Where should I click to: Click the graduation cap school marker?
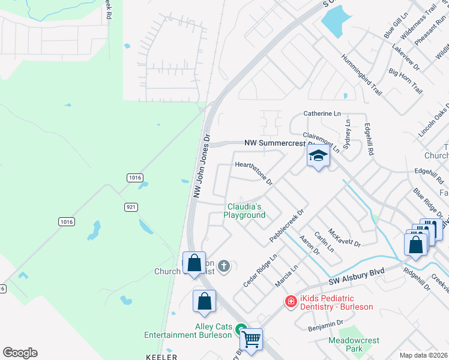(318, 157)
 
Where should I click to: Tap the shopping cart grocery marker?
(252, 339)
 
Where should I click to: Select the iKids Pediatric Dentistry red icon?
(291, 301)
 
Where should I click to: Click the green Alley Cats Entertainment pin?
(241, 329)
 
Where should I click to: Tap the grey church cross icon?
(224, 266)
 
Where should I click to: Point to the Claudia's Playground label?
(246, 211)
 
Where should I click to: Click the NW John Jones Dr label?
(202, 166)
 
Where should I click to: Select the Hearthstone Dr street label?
(254, 173)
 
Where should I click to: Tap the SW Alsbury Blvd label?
(356, 277)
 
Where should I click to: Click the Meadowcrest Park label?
(354, 344)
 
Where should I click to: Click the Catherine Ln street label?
(322, 113)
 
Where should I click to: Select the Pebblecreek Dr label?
(288, 226)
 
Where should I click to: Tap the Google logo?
(20, 353)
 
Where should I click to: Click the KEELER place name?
(161, 356)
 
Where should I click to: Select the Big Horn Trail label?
(406, 81)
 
